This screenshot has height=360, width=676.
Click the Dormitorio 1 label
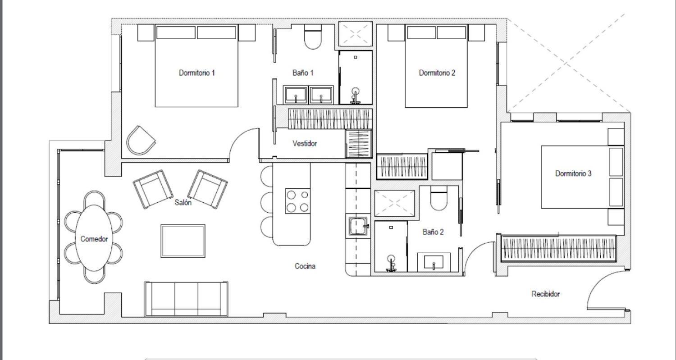click(x=196, y=73)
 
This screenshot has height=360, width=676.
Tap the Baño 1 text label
click(x=303, y=73)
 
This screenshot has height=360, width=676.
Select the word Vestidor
click(x=305, y=143)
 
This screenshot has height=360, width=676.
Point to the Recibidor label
click(x=545, y=294)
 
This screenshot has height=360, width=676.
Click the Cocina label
click(x=305, y=266)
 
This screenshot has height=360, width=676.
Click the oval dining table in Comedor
click(x=94, y=238)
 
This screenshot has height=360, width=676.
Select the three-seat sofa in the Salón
click(x=186, y=299)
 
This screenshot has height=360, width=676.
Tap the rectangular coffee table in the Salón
click(x=183, y=241)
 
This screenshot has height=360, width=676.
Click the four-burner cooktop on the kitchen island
click(x=297, y=201)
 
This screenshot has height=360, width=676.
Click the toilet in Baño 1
click(x=313, y=38)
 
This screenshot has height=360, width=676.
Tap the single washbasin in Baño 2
click(x=434, y=262)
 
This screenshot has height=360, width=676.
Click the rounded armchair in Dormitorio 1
click(x=141, y=141)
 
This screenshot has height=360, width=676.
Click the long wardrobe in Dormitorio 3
click(x=558, y=248)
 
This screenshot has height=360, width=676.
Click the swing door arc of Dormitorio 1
click(x=243, y=143)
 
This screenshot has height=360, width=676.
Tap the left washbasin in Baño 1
click(x=295, y=95)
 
